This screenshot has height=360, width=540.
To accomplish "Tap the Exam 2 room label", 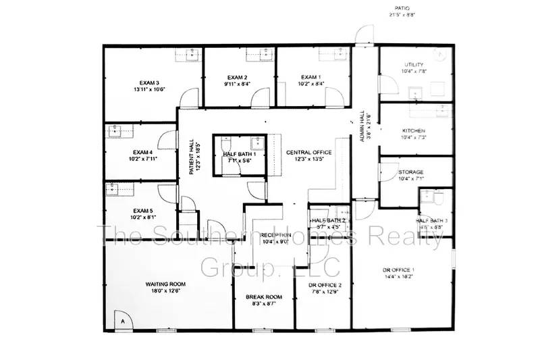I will point(238,77).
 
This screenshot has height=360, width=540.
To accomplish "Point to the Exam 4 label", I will point(143,152).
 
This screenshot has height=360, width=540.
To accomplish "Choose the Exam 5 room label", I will point(143,211).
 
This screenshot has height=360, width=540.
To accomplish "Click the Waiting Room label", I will point(165,284).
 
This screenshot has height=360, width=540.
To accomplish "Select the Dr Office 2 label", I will point(325,285).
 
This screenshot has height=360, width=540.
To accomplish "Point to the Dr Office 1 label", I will point(399,270).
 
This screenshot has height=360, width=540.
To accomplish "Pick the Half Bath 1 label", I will point(241,154).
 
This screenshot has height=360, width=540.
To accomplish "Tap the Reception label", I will point(275,234).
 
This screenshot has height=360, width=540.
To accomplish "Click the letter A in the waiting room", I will point(123,323).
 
